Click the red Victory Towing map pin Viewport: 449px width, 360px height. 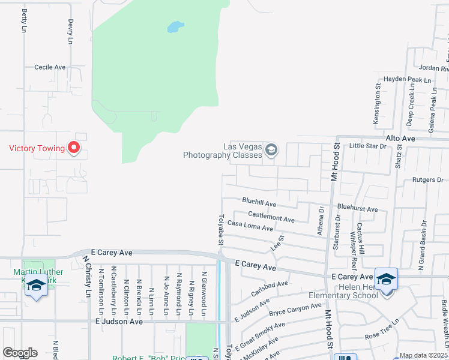74,147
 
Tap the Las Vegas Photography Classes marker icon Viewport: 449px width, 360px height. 271,149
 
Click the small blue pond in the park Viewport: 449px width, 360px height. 175,27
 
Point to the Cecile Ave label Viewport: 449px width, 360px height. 50,67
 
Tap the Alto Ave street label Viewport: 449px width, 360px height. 400,138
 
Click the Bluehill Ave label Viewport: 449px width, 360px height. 259,204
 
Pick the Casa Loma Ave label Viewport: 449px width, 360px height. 250,226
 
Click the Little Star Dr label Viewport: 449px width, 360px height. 367,146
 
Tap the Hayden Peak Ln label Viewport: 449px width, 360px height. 408,79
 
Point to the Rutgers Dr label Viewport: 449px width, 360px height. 427,179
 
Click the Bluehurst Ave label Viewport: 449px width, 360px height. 357,209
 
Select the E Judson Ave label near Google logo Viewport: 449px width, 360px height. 119,322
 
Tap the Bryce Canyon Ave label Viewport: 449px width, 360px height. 295,310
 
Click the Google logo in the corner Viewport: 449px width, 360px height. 20,353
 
